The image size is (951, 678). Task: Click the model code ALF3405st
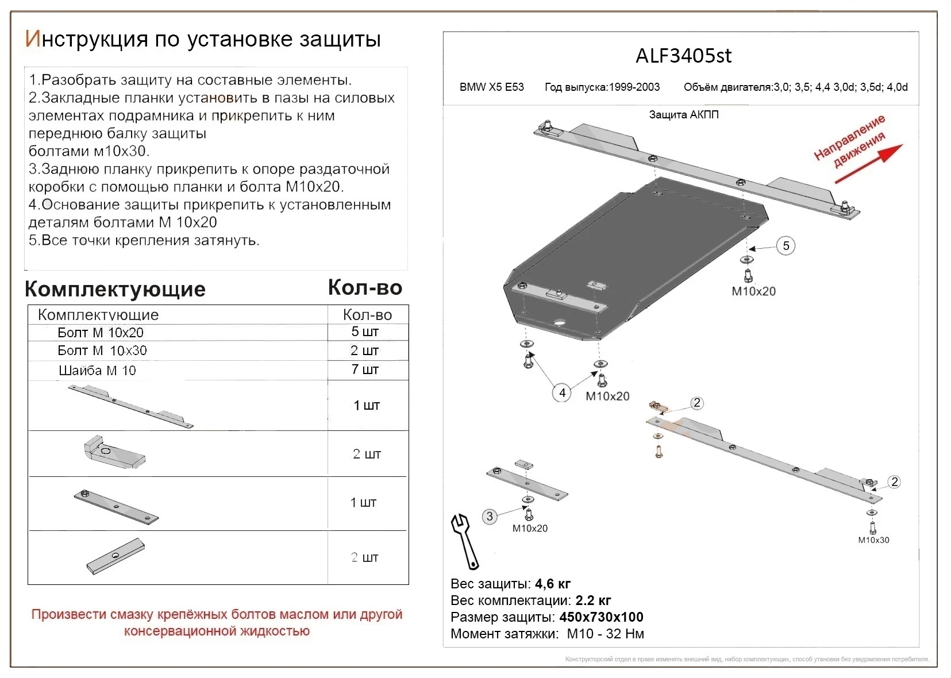pyautogui.click(x=683, y=56)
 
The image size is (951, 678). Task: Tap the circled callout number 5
pyautogui.click(x=786, y=246)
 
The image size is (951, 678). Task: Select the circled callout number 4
pyautogui.click(x=562, y=393)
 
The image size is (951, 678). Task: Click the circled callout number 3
pyautogui.click(x=490, y=516)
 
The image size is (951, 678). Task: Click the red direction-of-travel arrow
pyautogui.click(x=868, y=164)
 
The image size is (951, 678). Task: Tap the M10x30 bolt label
pyautogui.click(x=873, y=540)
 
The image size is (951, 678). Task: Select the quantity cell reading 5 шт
pyautogui.click(x=365, y=332)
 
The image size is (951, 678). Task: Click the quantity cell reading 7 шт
pyautogui.click(x=365, y=369)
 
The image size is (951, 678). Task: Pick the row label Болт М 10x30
pyautogui.click(x=102, y=350)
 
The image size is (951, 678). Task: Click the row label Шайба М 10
pyautogui.click(x=97, y=371)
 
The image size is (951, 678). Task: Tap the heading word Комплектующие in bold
pyautogui.click(x=115, y=289)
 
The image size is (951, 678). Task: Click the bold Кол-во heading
pyautogui.click(x=365, y=287)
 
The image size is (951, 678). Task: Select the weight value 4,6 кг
pyautogui.click(x=552, y=584)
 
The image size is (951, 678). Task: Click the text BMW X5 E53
pyautogui.click(x=491, y=87)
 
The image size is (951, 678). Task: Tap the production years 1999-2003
pyautogui.click(x=634, y=87)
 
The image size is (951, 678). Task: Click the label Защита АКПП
pyautogui.click(x=683, y=114)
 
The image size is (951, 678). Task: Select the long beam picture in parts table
pyautogui.click(x=131, y=406)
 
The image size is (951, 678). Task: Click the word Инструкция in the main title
pyautogui.click(x=86, y=39)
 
